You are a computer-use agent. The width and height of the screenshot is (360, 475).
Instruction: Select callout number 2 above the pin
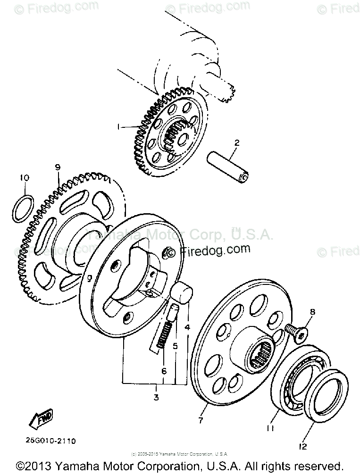tap(237, 143)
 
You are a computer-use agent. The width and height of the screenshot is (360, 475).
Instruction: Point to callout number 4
tap(187, 326)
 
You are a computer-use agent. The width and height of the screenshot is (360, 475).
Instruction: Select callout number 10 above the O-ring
tap(25, 178)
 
